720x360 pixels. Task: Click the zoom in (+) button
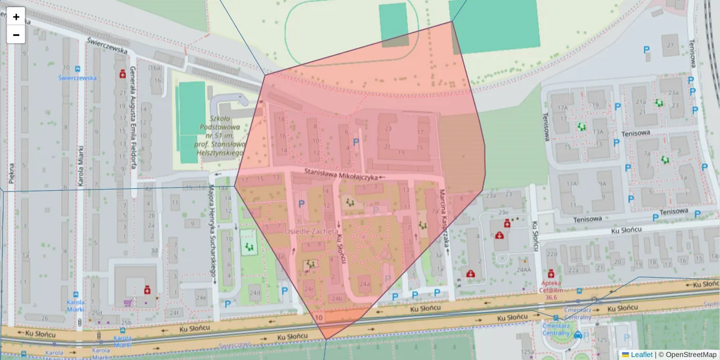tap(16, 17)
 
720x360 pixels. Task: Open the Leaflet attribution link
tap(641, 355)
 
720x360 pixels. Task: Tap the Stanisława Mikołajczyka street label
tap(341, 175)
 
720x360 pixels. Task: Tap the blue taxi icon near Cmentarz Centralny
tap(577, 335)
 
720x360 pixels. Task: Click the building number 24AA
tap(524, 270)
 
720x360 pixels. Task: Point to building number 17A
tap(562, 108)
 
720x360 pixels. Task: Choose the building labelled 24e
tap(200, 297)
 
